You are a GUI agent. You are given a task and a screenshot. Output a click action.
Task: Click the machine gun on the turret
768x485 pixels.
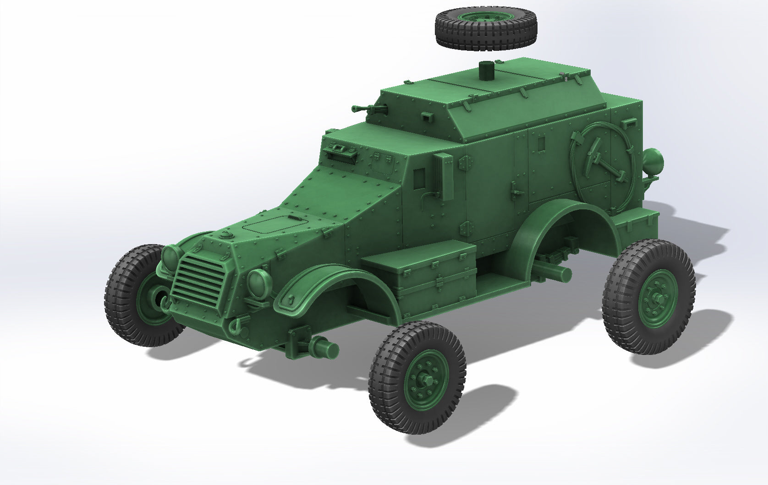(x=369, y=109)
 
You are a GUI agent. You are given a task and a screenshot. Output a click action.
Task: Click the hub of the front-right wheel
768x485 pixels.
(x=427, y=380)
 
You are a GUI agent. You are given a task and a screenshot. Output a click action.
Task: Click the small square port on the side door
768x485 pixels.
(x=541, y=143)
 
